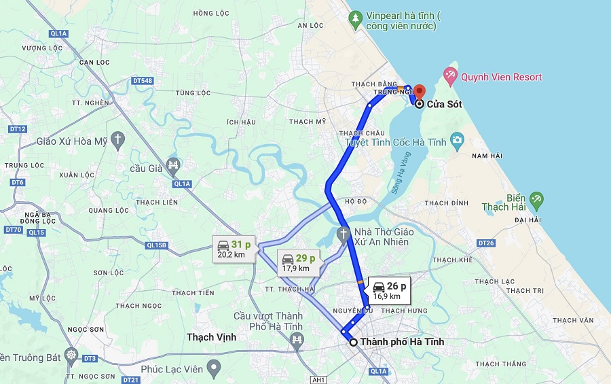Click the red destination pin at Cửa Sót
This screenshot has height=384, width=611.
(x=419, y=92)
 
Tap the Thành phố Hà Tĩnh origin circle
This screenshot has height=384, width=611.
(x=353, y=342)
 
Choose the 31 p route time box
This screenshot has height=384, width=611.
(x=234, y=249)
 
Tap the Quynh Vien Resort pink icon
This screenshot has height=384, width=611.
(x=449, y=74)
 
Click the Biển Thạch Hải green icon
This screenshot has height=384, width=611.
(x=537, y=199)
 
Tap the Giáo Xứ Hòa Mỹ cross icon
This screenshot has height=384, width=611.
(x=119, y=141)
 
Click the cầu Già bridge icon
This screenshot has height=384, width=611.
(x=173, y=165)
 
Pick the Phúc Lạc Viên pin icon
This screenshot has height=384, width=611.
(x=215, y=369)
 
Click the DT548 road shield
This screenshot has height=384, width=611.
(x=143, y=81)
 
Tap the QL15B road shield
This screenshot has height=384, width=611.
(x=155, y=245)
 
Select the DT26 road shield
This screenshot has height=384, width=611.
(x=485, y=243)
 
